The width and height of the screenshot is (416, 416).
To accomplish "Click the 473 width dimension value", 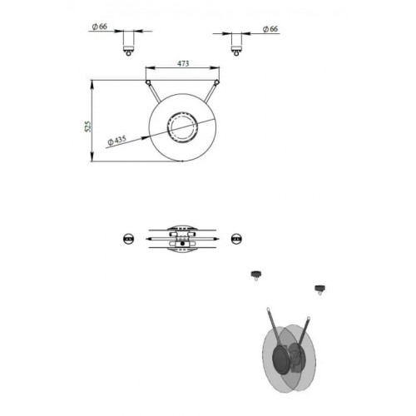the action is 183,63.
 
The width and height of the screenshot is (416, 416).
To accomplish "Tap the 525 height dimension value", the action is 88,126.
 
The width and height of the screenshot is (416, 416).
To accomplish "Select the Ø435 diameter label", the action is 117,141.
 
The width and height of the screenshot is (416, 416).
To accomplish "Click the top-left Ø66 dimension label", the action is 100,27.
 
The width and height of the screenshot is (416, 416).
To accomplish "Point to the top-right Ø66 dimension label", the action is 270,29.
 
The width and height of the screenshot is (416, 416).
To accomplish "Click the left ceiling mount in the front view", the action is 128,43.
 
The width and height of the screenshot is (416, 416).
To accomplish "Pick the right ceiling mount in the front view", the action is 236,44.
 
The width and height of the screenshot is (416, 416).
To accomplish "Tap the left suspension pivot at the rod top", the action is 148,82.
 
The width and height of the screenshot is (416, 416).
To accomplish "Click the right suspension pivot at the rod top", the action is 217,82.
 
